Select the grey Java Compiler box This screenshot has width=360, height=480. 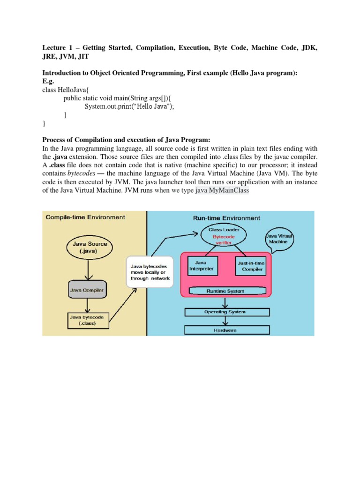(87, 291)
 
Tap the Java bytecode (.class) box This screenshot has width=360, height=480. (87, 321)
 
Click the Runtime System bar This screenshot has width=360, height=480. (226, 291)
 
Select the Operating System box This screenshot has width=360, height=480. (227, 312)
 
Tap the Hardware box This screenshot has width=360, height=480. (227, 330)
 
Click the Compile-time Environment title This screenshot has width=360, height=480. (85, 217)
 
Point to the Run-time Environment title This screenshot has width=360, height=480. (227, 218)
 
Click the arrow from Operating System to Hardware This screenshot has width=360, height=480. (227, 321)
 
